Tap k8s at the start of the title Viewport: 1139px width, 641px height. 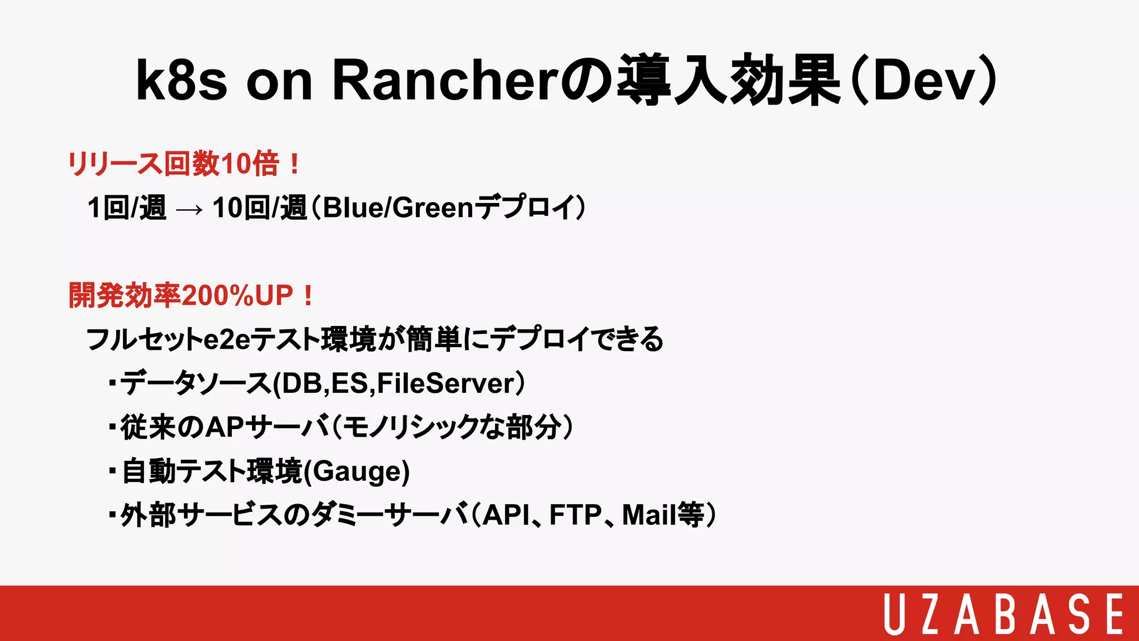(181, 81)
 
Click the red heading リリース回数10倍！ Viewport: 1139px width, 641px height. (184, 164)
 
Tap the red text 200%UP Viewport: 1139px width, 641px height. (237, 295)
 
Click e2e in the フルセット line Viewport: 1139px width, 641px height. (227, 339)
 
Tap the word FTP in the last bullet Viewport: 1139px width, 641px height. (576, 515)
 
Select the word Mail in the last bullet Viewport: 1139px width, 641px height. (648, 515)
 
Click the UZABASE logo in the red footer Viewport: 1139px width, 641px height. (1003, 613)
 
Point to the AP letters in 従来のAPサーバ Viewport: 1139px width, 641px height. (225, 427)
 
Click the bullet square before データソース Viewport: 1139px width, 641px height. (112, 383)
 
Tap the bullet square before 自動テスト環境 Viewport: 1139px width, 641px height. (112, 471)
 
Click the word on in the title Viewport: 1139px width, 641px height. (279, 81)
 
